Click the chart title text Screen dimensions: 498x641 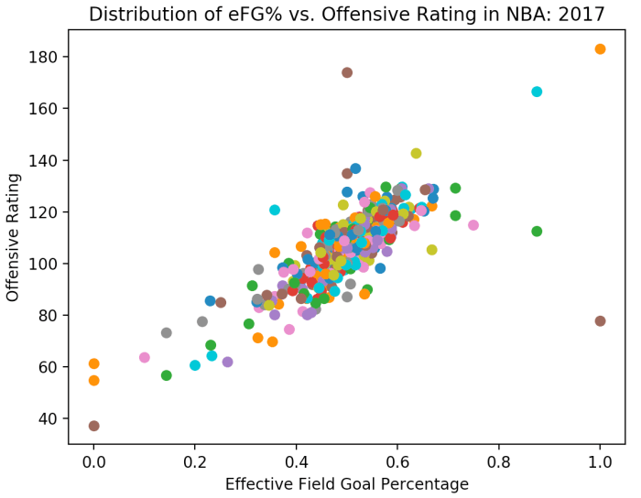346,14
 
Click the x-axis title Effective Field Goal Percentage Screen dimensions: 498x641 346,484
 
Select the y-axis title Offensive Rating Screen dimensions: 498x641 14,237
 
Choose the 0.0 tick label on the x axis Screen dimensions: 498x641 93,463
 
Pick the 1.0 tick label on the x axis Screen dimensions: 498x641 600,463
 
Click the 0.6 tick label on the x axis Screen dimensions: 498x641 397,463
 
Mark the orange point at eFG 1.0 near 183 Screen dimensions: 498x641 600,49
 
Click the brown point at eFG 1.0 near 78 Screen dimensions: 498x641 600,321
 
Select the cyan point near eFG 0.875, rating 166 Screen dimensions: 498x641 537,92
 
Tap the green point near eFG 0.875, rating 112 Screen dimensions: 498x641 537,232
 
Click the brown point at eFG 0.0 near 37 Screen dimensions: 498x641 93,426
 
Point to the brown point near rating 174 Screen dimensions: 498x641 347,72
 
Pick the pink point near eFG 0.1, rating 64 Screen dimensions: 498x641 144,357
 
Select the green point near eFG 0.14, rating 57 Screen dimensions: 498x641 166,375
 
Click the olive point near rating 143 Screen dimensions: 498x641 416,153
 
